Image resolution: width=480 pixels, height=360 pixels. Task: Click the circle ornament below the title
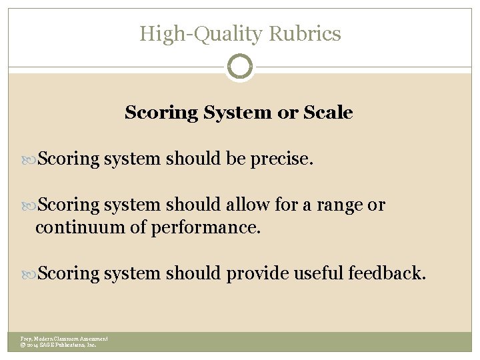pyautogui.click(x=240, y=67)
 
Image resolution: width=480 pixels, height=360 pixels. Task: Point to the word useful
pyautogui.click(x=317, y=273)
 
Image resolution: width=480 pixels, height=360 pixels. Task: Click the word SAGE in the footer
pyautogui.click(x=49, y=345)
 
